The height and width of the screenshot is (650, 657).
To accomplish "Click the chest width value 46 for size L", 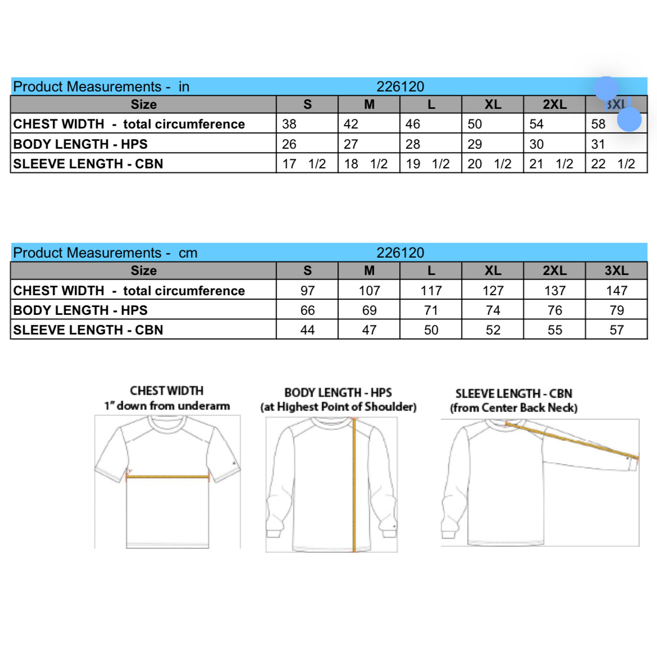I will (x=413, y=124).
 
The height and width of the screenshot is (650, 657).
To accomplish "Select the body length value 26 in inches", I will (x=289, y=144).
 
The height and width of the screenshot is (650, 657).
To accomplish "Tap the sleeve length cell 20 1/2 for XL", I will (x=489, y=164).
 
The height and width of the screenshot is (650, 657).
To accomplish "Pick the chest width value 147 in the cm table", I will (x=617, y=291).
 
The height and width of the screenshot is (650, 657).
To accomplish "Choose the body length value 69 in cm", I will (x=369, y=310).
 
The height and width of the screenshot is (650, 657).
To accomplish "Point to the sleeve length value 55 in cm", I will (x=555, y=330).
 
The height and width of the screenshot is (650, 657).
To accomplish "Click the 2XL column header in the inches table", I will (x=554, y=104).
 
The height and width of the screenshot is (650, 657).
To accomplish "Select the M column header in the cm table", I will (x=369, y=271).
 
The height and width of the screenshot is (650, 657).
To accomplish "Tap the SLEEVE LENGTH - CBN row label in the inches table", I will (x=88, y=164).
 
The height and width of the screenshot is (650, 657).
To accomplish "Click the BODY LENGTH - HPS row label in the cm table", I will (x=80, y=310).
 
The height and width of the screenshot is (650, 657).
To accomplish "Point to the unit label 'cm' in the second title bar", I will (x=188, y=253).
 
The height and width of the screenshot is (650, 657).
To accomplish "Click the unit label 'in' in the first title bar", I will (x=184, y=87).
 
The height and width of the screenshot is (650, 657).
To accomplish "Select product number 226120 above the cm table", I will (x=400, y=253).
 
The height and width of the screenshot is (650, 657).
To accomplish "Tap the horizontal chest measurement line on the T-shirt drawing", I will (x=167, y=477).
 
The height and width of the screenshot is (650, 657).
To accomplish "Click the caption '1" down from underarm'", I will (x=167, y=406).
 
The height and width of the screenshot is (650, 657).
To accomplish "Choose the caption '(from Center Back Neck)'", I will (x=513, y=408).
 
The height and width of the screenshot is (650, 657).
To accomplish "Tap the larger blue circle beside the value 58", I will (x=629, y=120).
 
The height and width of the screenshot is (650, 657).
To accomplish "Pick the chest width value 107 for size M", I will (x=369, y=291).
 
